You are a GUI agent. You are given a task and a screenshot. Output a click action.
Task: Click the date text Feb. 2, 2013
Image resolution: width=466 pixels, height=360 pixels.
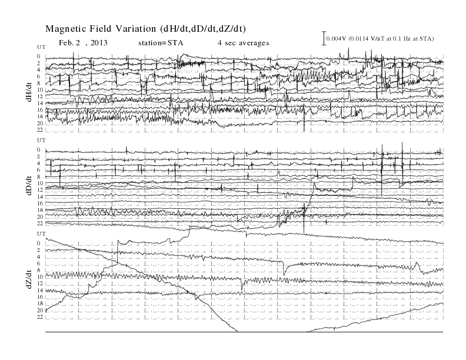pos(83,43)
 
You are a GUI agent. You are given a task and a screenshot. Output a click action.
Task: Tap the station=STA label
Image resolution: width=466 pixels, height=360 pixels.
pos(161,43)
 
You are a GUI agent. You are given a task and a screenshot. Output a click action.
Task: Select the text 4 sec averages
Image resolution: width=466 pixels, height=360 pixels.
pos(244,43)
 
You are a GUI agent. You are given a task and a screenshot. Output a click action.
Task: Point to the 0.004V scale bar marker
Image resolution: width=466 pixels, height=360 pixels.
pos(324,38)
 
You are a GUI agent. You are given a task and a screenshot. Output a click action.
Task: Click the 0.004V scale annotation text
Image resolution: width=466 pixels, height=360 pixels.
pos(380,39)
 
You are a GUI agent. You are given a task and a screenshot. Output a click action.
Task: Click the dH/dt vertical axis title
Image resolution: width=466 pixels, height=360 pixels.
pos(29,92)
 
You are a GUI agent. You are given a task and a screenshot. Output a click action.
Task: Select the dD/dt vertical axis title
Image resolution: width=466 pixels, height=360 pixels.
pos(29,185)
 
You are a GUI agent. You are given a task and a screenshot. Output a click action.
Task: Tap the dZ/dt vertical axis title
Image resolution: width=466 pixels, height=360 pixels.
pos(29,279)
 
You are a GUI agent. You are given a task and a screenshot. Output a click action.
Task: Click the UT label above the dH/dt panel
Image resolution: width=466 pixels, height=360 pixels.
pos(41,47)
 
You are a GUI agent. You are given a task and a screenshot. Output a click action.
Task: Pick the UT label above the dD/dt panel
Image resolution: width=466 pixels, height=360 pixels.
pos(41,140)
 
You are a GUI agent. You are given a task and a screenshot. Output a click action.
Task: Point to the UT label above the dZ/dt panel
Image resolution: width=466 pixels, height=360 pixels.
pos(41,234)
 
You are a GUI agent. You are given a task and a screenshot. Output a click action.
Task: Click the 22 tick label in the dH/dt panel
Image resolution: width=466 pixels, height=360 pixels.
pos(40,130)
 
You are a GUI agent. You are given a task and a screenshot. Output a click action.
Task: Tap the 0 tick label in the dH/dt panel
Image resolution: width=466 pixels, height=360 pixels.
pos(39,56)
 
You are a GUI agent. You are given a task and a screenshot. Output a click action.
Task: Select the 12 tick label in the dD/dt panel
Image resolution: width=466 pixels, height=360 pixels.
pos(40,190)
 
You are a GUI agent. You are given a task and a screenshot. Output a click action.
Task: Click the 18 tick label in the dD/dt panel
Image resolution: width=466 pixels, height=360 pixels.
pos(40,210)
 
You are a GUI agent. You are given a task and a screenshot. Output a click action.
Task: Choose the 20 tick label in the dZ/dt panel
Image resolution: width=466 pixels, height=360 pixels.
pos(40,310)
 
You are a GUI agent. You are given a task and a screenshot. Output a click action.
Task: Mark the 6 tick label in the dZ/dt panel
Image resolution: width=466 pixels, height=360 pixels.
pos(39,264)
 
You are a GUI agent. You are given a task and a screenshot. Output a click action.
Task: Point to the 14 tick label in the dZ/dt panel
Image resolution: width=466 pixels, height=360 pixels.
pos(40,290)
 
